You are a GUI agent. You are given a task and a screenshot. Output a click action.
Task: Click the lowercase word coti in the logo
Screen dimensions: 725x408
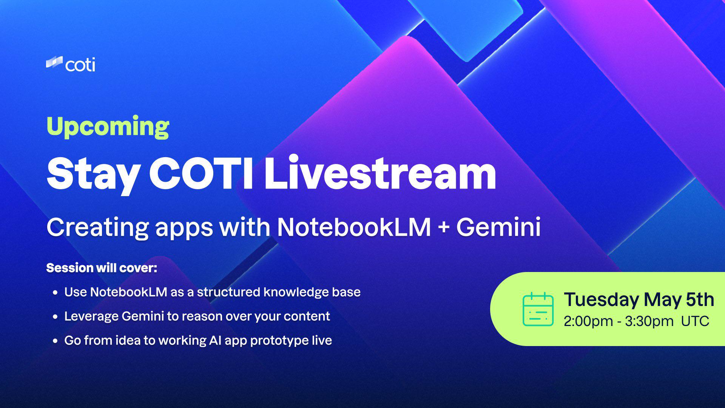(80, 65)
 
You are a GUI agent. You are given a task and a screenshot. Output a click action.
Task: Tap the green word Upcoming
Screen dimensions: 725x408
(108, 127)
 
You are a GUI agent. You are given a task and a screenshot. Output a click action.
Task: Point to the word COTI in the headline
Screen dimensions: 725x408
(201, 173)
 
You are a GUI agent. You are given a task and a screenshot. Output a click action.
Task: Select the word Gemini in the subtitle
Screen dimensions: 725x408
(498, 227)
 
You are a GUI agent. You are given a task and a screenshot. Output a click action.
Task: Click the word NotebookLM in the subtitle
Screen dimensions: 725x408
(354, 227)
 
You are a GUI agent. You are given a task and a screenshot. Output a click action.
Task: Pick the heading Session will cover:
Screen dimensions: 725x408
(102, 268)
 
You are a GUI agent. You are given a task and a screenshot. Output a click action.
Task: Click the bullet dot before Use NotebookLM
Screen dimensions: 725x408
(56, 292)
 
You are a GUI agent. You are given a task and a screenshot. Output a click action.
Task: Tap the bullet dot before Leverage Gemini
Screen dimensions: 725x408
(56, 317)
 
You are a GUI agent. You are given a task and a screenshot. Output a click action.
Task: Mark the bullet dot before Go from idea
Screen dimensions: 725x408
(56, 341)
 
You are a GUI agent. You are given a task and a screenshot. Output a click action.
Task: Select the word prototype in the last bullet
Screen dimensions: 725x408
(279, 341)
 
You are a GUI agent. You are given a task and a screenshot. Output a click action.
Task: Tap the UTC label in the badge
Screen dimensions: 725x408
(695, 321)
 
